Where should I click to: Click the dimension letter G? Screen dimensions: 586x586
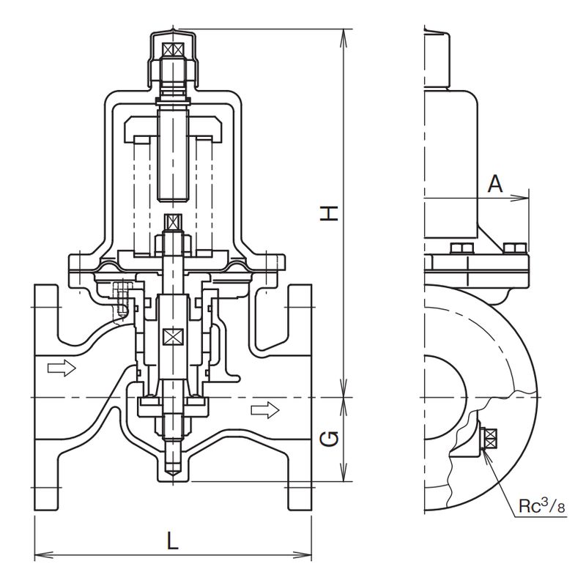tap(331, 439)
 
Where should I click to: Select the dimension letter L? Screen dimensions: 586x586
tap(173, 542)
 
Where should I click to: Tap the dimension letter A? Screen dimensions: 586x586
tap(496, 184)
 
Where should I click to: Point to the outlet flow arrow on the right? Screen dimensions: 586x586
tap(270, 409)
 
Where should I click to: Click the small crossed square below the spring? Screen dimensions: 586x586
tap(174, 222)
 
